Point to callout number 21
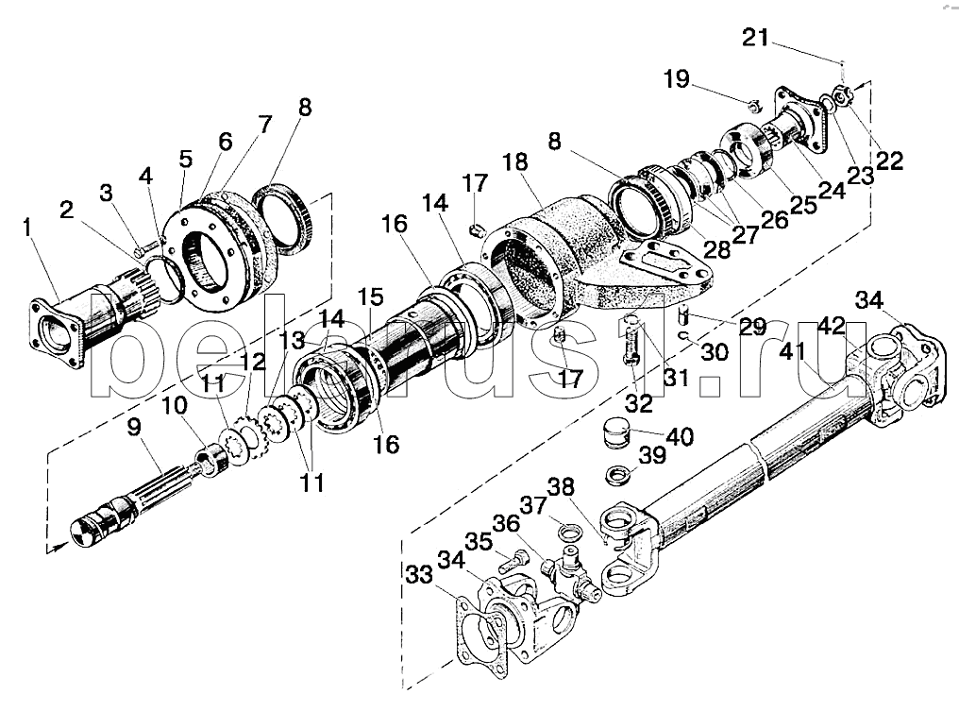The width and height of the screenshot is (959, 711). pyautogui.click(x=754, y=39)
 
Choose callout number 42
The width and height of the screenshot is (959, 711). pyautogui.click(x=832, y=326)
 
